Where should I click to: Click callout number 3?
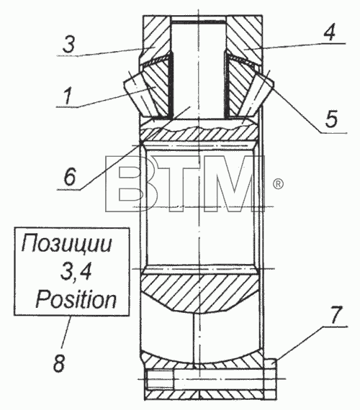(69, 45)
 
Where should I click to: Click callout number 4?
(330, 32)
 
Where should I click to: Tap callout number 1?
(68, 96)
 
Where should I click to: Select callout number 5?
(331, 119)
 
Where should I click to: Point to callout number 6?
(70, 176)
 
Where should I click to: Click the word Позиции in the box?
(67, 244)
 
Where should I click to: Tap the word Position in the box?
(76, 300)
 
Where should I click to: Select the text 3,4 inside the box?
(76, 272)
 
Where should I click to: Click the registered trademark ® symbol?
(278, 184)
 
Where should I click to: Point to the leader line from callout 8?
(66, 332)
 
